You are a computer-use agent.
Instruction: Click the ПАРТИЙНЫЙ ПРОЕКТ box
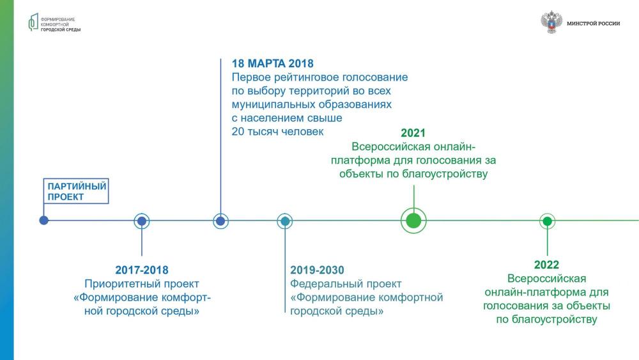point(76,191)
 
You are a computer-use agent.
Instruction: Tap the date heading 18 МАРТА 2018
point(273,63)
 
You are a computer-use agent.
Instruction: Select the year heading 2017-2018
point(142,270)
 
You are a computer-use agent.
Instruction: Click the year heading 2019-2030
point(317,270)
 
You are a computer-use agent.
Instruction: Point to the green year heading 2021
point(413,133)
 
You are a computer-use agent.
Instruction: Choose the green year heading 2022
point(546,265)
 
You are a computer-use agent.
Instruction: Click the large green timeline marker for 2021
point(413,221)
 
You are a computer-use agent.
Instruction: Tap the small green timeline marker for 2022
point(548,221)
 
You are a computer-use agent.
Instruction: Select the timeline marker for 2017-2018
point(142,221)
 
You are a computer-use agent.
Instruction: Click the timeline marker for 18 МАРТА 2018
point(220,221)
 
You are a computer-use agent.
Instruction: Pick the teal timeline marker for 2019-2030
point(285,221)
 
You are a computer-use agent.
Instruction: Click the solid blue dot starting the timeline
point(43,220)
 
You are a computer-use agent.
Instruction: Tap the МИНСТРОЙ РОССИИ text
point(594,24)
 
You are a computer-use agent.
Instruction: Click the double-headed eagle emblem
point(551,22)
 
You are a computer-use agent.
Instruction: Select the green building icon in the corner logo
point(33,22)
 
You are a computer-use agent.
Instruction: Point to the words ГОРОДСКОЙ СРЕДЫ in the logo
point(61,30)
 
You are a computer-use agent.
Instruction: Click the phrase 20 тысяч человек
point(277,131)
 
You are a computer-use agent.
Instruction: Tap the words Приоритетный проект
point(142,284)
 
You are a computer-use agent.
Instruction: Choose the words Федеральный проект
point(346,284)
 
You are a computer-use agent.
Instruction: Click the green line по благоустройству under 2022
point(546,319)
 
